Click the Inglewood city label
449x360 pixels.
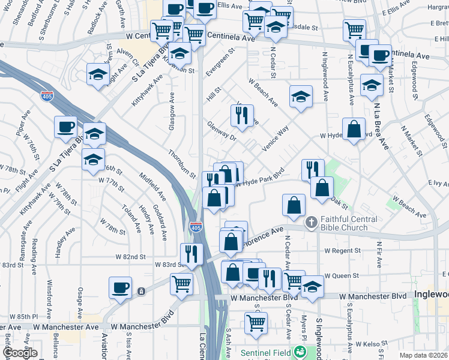[431, 295]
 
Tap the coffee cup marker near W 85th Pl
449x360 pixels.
[120, 287]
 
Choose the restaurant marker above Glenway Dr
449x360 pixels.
[242, 115]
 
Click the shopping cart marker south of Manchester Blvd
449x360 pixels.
[256, 322]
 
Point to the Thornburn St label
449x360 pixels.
[182, 164]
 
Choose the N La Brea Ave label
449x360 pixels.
[379, 126]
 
